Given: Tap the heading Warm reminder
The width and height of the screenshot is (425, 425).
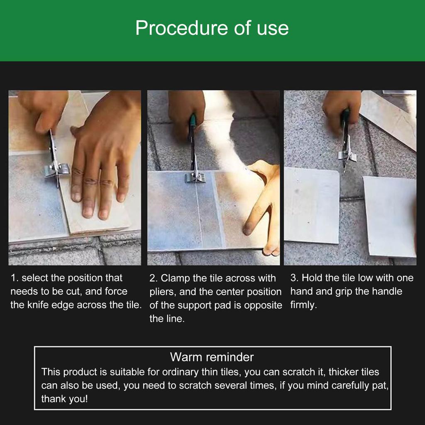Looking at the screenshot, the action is click(x=212, y=357).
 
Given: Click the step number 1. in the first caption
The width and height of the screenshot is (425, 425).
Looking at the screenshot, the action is click(x=15, y=278).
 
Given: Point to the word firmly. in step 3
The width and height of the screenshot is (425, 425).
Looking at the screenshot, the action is click(x=303, y=305).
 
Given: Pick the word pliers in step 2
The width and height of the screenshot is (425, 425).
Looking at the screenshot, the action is click(x=163, y=292).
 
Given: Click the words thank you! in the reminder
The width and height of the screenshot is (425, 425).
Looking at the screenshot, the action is click(x=64, y=399).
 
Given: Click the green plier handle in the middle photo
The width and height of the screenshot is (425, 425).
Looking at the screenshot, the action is click(x=193, y=120).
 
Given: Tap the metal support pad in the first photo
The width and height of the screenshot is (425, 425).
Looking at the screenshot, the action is click(x=56, y=170).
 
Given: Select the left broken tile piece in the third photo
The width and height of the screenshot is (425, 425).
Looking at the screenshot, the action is click(x=312, y=205).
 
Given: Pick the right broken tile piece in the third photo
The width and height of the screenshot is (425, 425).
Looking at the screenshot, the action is click(x=390, y=216).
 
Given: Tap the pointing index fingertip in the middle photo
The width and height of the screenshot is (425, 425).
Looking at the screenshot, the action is click(x=248, y=230).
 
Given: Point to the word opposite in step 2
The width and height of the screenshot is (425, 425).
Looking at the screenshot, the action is click(x=263, y=305).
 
